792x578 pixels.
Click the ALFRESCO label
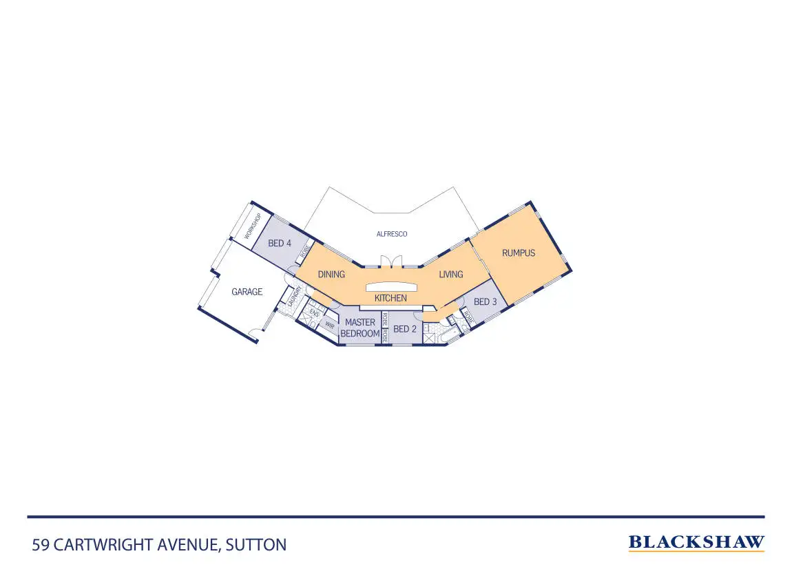pyautogui.click(x=392, y=234)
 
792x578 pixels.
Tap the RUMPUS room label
pyautogui.click(x=519, y=253)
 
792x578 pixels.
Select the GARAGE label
pyautogui.click(x=247, y=292)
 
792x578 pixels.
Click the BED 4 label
pyautogui.click(x=280, y=243)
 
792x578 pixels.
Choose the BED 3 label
pyautogui.click(x=486, y=302)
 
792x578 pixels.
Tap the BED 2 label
pyautogui.click(x=405, y=329)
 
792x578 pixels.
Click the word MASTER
pyautogui.click(x=360, y=322)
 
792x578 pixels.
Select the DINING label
pyautogui.click(x=331, y=275)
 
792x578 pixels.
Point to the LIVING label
pyautogui.click(x=451, y=275)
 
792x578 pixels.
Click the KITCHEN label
pyautogui.click(x=390, y=299)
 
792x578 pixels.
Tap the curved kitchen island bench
pyautogui.click(x=391, y=286)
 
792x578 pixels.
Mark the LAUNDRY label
pyautogui.click(x=294, y=297)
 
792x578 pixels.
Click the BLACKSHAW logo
pyautogui.click(x=696, y=543)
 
